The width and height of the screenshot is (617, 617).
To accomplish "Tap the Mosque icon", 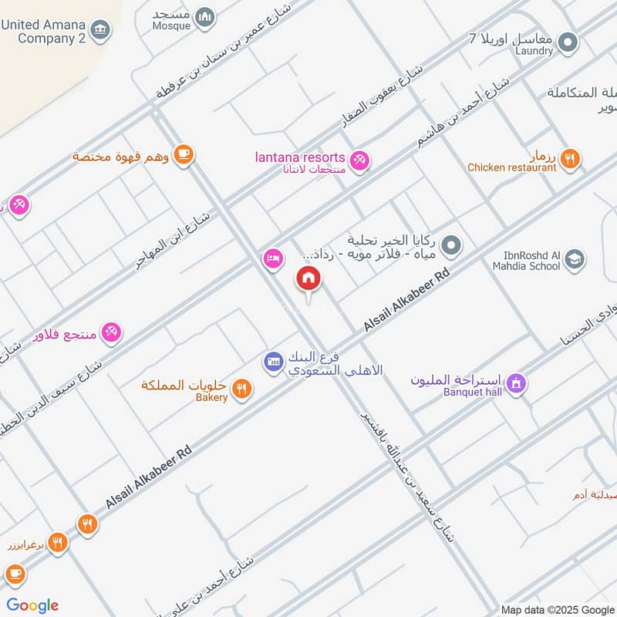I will pos(204,16).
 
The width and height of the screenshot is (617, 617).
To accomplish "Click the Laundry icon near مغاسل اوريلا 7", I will pos(568,42).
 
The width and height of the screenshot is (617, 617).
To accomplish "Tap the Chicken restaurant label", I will pos(511,167).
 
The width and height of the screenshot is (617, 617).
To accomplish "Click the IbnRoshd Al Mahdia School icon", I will pos(574,260).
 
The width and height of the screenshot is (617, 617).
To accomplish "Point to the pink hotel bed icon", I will pos(272,258).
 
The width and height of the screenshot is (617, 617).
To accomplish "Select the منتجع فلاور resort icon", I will pos(111,332).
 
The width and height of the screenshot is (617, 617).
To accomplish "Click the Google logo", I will pos(32,605).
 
